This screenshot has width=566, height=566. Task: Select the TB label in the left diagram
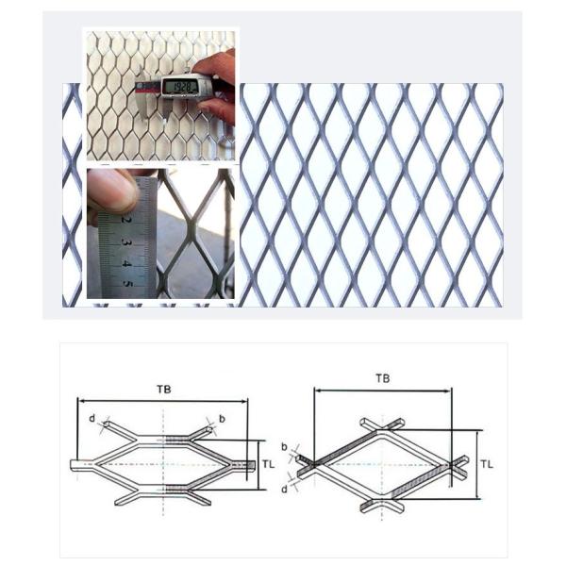(164, 388)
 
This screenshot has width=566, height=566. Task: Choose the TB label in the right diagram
(382, 377)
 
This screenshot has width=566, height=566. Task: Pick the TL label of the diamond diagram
(488, 464)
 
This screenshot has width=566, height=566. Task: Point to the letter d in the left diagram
(92, 416)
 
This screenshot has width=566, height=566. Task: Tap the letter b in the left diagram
(221, 417)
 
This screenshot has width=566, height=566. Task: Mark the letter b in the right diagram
(285, 442)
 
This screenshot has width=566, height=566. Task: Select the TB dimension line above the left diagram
(164, 400)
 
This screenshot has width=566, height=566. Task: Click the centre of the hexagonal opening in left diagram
(164, 463)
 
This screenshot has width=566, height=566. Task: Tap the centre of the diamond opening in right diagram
(383, 463)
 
